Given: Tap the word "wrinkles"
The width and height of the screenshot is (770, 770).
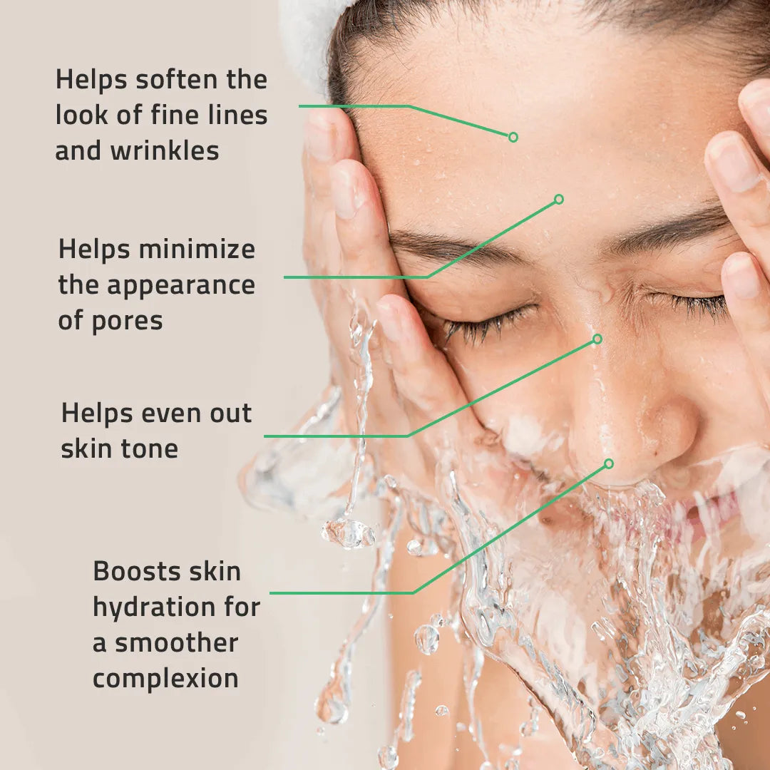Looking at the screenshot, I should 165,151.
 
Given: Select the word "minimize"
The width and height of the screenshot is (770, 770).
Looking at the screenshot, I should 197,250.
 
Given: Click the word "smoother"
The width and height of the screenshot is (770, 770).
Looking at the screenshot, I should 176,643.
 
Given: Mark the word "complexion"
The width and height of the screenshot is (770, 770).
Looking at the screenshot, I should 165,679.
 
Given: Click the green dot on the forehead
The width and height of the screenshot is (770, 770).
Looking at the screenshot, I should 513,137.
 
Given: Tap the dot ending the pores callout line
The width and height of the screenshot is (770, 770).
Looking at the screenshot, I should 559,199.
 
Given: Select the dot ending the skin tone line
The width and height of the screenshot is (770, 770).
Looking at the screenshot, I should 597,339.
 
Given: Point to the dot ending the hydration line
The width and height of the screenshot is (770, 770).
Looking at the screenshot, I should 609,463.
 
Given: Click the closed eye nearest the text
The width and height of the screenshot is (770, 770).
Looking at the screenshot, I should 492,321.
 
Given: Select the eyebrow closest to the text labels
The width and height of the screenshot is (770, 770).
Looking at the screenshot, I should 456,246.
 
